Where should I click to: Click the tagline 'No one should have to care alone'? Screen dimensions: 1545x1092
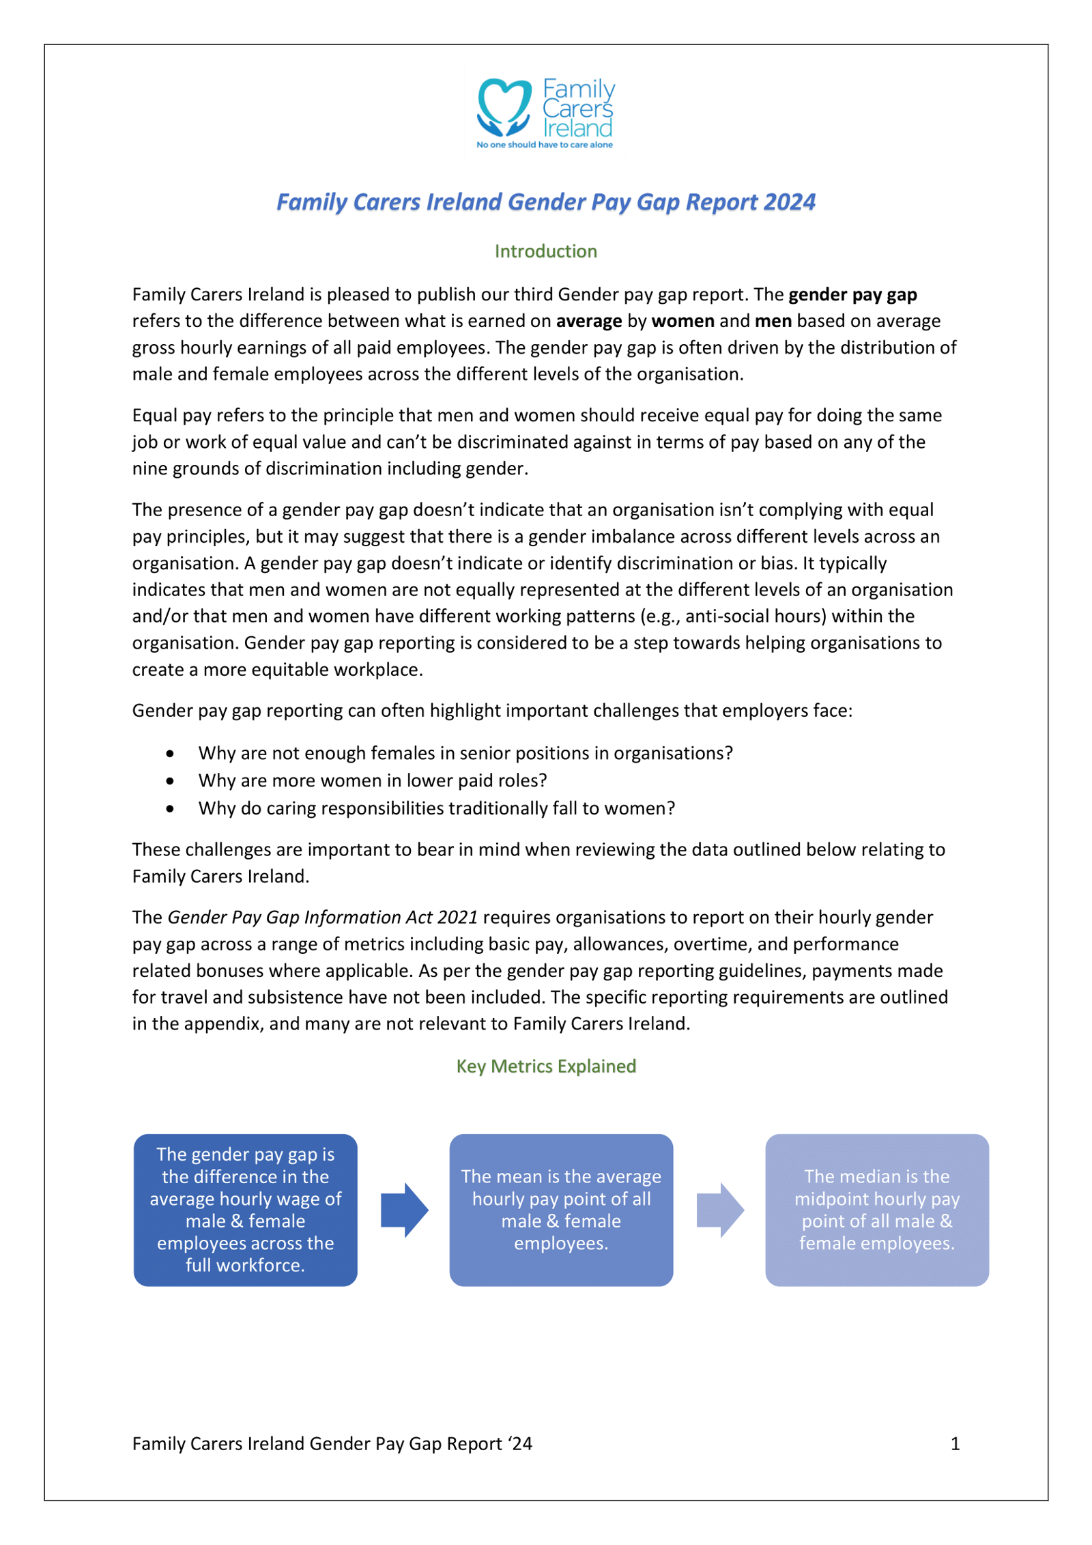(544, 145)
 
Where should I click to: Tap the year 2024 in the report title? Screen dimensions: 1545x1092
(789, 202)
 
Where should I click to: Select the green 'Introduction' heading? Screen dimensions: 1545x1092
(545, 251)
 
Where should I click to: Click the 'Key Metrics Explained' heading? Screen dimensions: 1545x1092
(545, 1066)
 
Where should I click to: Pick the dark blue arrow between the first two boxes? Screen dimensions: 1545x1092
(404, 1210)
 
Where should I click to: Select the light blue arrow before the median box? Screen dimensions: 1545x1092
(719, 1210)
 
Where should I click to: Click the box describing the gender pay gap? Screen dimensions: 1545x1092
(245, 1210)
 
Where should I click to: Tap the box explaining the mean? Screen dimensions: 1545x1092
(561, 1210)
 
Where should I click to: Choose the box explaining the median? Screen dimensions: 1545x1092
(876, 1210)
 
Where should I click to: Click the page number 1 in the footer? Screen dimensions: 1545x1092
(955, 1443)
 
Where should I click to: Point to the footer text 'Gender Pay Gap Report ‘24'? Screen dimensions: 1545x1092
(420, 1443)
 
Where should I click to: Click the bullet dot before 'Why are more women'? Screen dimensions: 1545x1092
(170, 781)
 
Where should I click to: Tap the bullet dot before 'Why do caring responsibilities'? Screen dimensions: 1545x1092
(170, 809)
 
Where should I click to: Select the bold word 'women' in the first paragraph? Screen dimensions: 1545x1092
(682, 321)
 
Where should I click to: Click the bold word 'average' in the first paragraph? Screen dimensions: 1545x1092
(588, 321)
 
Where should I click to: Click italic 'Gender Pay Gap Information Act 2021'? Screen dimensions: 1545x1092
(322, 917)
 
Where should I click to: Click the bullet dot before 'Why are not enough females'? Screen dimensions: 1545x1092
(170, 754)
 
